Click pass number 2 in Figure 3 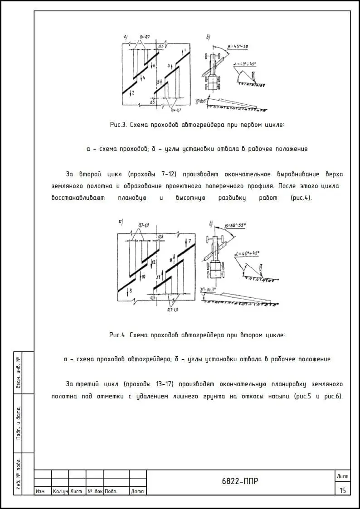pyautogui.click(x=132, y=93)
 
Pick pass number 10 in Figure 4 pyautogui.click(x=142, y=276)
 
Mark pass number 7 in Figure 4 pyautogui.click(x=190, y=240)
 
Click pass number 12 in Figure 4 pyautogui.click(x=154, y=262)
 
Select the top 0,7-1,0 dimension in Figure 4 pyautogui.click(x=144, y=225)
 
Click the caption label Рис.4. pyautogui.click(x=117, y=335)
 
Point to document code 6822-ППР pyautogui.click(x=240, y=481)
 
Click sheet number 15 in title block pyautogui.click(x=342, y=490)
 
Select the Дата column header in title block pyautogui.click(x=137, y=491)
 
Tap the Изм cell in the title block pyautogui.click(x=40, y=491)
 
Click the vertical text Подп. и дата pyautogui.click(x=19, y=423)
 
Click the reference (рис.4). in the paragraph pyautogui.click(x=301, y=198)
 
